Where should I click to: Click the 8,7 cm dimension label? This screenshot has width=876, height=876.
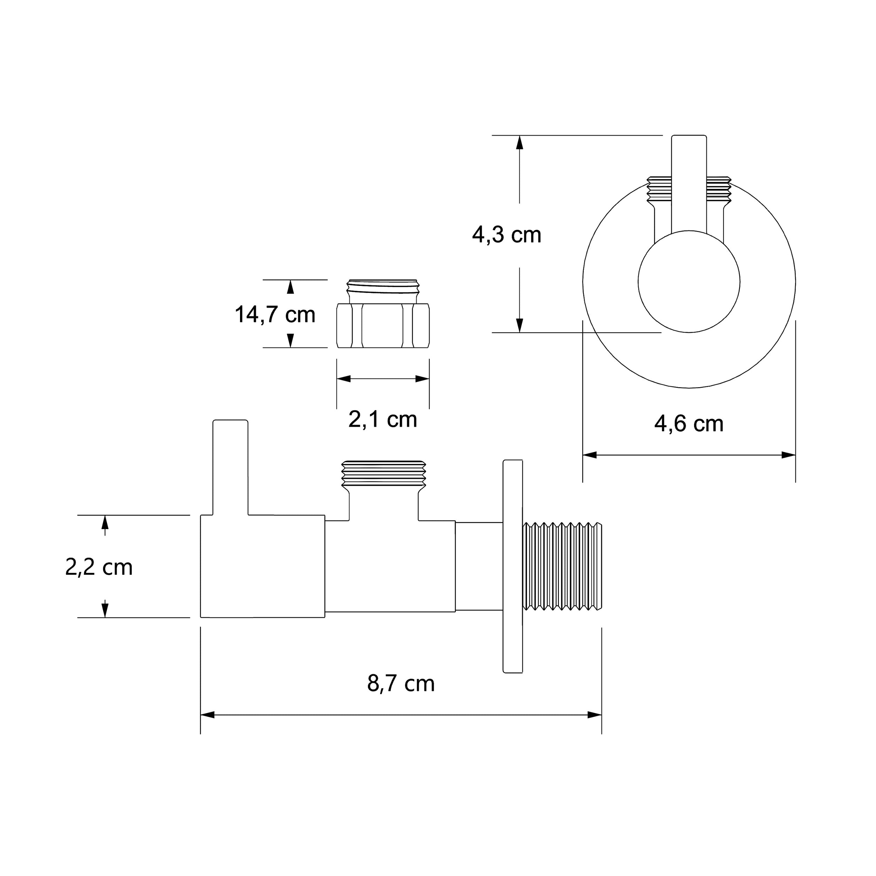click(401, 683)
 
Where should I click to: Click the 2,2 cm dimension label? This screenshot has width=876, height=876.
click(99, 567)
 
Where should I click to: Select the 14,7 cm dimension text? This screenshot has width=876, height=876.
click(275, 314)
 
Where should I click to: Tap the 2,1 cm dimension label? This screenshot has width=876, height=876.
click(383, 419)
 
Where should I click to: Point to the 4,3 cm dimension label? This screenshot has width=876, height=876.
click(506, 235)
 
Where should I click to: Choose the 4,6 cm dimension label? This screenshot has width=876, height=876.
click(689, 424)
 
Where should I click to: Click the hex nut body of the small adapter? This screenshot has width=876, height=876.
click(383, 326)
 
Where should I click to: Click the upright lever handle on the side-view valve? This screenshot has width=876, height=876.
click(230, 467)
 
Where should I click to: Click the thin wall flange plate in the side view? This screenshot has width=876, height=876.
click(513, 566)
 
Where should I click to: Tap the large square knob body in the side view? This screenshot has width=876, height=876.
click(262, 566)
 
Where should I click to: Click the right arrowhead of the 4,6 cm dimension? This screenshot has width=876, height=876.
click(789, 455)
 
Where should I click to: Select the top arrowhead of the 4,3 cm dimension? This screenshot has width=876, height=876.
click(520, 142)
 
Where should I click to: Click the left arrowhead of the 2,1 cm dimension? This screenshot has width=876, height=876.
click(344, 378)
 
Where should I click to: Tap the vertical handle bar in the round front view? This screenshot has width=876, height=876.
click(689, 182)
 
